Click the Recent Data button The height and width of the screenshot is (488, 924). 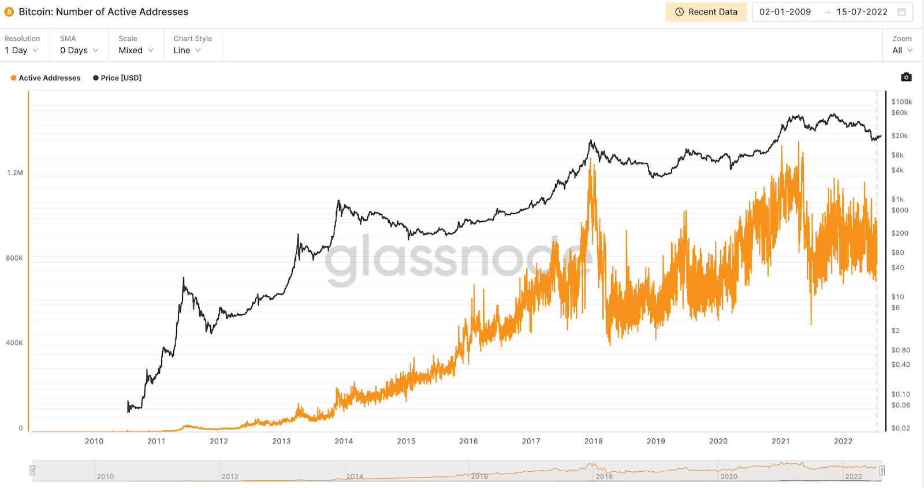(x=706, y=12)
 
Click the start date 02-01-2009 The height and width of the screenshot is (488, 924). (x=785, y=12)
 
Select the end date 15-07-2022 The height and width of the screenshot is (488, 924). (x=862, y=12)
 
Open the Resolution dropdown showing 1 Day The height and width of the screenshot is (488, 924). (x=21, y=50)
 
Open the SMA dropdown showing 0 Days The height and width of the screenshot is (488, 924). (x=79, y=50)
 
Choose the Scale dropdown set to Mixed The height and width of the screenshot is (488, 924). (x=136, y=50)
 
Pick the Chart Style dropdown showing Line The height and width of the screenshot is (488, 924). (x=187, y=50)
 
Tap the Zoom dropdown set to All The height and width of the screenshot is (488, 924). (x=902, y=50)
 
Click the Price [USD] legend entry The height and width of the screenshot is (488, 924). (x=117, y=78)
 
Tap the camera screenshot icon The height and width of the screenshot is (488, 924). (x=906, y=77)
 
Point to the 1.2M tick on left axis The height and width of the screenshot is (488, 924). (x=15, y=173)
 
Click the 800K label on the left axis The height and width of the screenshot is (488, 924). (x=14, y=258)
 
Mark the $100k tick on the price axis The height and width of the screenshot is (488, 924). (x=901, y=102)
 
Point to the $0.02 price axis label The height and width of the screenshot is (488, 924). (x=900, y=428)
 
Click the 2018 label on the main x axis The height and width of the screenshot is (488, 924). (x=593, y=441)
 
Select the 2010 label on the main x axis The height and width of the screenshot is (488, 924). (x=94, y=441)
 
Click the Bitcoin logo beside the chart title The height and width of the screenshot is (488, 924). (x=9, y=12)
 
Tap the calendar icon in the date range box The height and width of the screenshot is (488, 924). (x=901, y=12)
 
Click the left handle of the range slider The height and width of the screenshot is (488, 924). (x=33, y=471)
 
